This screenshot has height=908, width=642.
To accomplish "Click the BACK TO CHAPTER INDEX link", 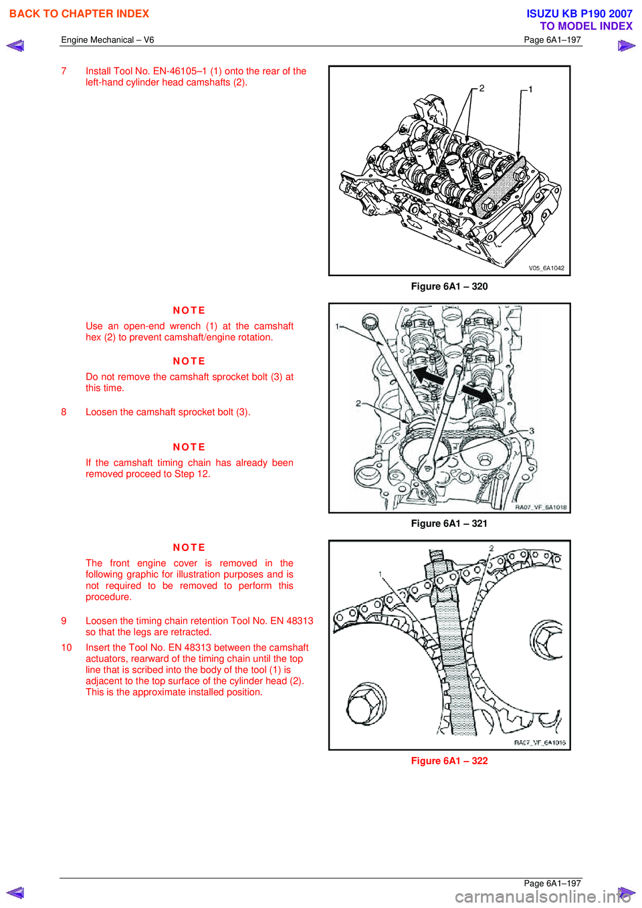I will click(79, 14).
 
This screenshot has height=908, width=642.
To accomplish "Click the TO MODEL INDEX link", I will click(586, 26).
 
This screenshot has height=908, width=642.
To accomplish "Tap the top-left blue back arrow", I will click(15, 46).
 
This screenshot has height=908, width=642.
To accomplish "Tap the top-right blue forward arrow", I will click(626, 46).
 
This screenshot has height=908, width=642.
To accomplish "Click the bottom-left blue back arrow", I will click(15, 893).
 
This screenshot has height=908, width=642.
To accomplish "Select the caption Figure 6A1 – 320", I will click(449, 286).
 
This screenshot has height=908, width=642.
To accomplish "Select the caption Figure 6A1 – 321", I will click(449, 524).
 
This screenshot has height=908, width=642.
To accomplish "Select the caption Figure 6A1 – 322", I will click(449, 761).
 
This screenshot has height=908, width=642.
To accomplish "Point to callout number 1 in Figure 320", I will click(530, 90).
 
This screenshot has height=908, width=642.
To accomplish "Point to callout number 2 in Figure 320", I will click(481, 88).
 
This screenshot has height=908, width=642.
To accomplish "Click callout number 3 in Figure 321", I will click(532, 431).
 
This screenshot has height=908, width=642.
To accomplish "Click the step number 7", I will click(64, 71).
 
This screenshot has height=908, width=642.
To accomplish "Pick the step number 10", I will click(67, 647).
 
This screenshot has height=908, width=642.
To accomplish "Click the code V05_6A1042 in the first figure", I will click(546, 268).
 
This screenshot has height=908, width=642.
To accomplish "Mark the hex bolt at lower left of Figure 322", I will click(366, 703).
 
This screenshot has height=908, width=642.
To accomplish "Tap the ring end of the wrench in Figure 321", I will click(370, 324).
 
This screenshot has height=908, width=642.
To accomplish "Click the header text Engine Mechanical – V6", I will click(108, 40).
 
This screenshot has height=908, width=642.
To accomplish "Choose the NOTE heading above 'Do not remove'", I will click(189, 361).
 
